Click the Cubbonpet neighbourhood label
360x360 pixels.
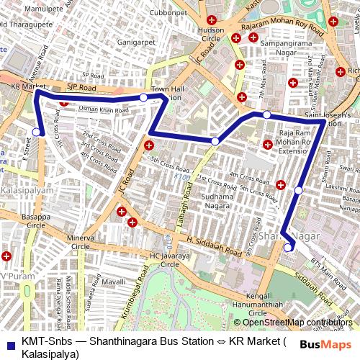(x=169, y=12)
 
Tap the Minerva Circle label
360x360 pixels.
(x=81, y=241)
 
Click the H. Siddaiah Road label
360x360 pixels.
(x=213, y=247)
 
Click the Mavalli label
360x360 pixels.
(x=114, y=283)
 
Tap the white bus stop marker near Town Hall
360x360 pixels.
(x=143, y=97)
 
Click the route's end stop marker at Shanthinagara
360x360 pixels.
(x=288, y=248)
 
